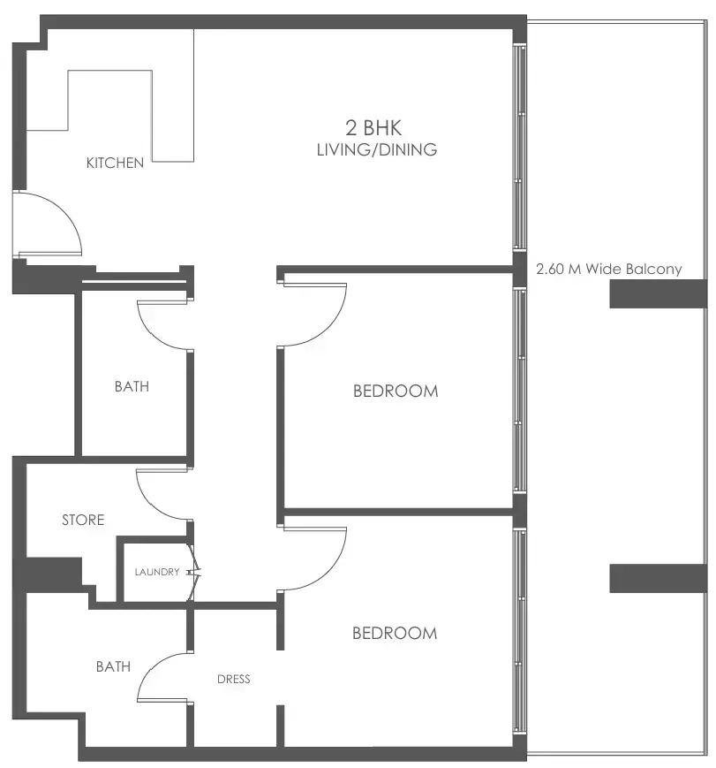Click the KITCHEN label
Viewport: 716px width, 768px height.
(x=115, y=163)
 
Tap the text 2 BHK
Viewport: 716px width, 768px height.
(x=376, y=128)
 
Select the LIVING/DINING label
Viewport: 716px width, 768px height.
(x=377, y=149)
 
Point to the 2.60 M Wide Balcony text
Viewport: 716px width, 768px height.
(x=609, y=269)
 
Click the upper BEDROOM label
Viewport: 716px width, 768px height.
(x=396, y=391)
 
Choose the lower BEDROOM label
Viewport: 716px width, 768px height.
(x=395, y=633)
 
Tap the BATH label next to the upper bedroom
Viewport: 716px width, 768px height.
(x=132, y=386)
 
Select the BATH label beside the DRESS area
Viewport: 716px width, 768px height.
(x=113, y=666)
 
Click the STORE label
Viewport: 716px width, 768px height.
(x=83, y=520)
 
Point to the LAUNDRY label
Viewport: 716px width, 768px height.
(x=157, y=572)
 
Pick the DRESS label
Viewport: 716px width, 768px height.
(x=234, y=679)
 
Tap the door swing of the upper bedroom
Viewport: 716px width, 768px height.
(x=313, y=314)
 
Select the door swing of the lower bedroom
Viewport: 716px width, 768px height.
(x=313, y=557)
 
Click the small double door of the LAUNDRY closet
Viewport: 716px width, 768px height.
(x=196, y=573)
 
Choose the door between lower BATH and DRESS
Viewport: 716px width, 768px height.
(x=163, y=676)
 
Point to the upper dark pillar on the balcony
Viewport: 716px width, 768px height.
(x=658, y=293)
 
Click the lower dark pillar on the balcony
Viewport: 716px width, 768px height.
(x=658, y=578)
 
